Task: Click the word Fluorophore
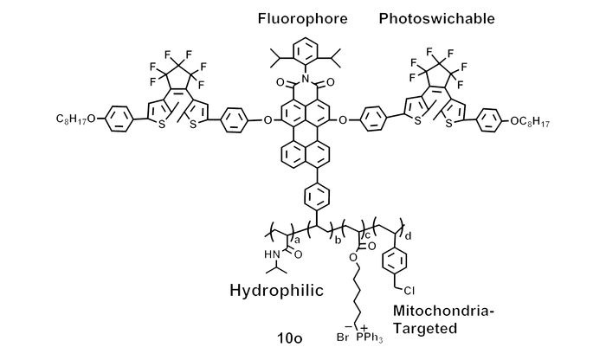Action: [303, 18]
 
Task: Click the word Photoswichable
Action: [436, 18]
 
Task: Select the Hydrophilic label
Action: [276, 291]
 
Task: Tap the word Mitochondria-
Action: [443, 310]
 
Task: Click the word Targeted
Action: [425, 328]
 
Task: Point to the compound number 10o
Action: [289, 338]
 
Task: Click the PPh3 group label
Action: [370, 338]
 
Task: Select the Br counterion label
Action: [343, 337]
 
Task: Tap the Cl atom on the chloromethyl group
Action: [409, 290]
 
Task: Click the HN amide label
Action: [273, 254]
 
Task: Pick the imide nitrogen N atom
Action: [306, 80]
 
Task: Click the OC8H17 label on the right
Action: [530, 122]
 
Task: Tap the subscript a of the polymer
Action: [297, 241]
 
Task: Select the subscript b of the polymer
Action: [338, 241]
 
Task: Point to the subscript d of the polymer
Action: [408, 236]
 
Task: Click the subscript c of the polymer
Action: [368, 235]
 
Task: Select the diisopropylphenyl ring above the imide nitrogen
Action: [306, 50]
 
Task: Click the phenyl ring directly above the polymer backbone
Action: [317, 196]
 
